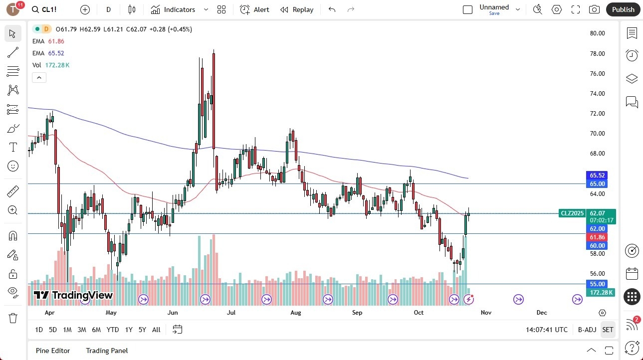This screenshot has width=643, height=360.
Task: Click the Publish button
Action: (623, 9)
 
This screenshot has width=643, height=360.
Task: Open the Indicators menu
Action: (173, 9)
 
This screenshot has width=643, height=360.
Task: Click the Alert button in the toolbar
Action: (254, 9)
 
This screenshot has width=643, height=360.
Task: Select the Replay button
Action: (297, 9)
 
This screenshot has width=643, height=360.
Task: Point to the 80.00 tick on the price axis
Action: (597, 33)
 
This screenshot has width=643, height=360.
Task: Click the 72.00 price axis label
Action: (597, 114)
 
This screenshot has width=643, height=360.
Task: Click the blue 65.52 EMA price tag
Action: (597, 176)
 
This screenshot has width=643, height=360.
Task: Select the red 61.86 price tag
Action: (597, 237)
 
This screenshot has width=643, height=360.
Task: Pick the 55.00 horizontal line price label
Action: (597, 284)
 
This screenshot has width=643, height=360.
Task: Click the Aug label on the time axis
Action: (296, 313)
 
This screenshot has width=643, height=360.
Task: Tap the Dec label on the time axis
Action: (542, 313)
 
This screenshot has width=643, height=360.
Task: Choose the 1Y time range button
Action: (129, 330)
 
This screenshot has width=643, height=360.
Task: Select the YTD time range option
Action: (113, 330)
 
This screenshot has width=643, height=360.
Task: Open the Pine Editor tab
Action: (53, 351)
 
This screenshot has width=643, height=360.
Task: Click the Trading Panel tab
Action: (107, 351)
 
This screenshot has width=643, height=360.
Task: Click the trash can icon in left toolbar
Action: (13, 318)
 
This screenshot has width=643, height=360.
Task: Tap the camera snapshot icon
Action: (594, 9)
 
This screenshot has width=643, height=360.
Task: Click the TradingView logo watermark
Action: (74, 295)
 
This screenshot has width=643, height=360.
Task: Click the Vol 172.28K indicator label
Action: (51, 65)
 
